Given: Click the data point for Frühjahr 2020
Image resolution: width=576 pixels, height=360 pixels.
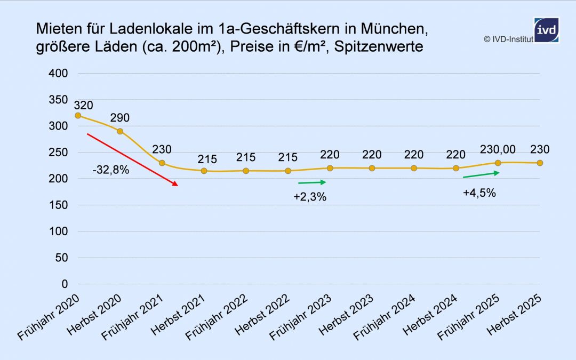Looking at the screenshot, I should coord(78,115).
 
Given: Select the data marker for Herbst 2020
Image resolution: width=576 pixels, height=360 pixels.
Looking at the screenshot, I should coord(120,131).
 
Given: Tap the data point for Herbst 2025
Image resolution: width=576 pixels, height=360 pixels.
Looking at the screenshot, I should coord(540,163).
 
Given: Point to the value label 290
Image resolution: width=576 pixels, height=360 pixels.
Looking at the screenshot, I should coord(120,118).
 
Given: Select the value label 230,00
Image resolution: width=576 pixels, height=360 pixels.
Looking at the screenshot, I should coord(498,149).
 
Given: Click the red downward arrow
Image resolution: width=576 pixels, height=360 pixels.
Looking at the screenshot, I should coord(132,159).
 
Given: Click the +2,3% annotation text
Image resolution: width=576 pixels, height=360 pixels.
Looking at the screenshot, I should coord(310,197).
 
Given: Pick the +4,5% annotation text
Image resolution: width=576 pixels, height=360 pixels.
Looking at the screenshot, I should coord(479,193).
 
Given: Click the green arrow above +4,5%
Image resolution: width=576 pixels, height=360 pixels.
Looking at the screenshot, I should coord(481,174).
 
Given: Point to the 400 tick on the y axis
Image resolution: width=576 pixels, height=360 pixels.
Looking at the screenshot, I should coord(59,74).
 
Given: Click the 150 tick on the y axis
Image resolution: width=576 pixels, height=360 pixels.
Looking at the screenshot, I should coord(59,205).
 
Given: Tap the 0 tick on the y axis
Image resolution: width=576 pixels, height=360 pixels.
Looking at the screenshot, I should coord(64,284).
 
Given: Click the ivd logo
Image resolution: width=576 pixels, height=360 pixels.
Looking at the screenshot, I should coord(546,30).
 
